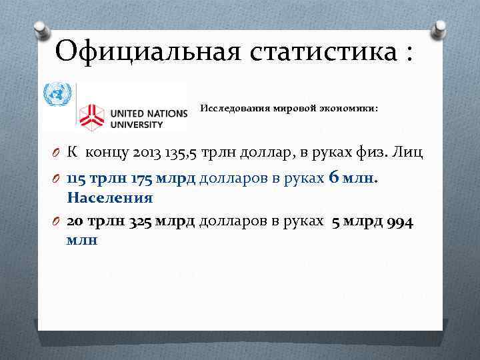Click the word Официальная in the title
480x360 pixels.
point(145,50)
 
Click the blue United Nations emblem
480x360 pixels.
point(57,93)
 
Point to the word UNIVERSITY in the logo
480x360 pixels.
point(137,124)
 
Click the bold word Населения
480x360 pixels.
point(110,198)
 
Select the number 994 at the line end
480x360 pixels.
point(399,222)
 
